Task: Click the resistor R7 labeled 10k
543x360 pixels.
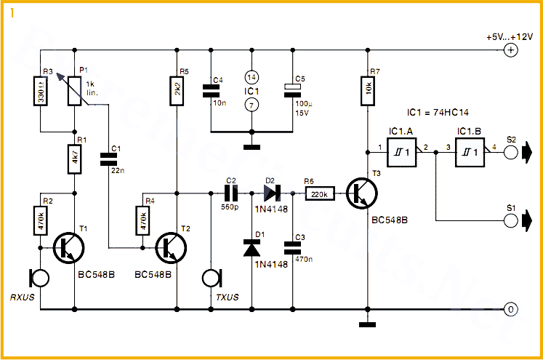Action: (369, 93)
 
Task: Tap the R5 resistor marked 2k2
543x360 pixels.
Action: (176, 93)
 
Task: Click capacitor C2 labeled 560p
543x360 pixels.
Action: (231, 194)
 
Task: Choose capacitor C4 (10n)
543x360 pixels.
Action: (210, 92)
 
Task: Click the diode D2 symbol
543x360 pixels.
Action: (270, 194)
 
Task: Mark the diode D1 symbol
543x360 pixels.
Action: (251, 249)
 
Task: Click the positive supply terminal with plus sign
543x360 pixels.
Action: (511, 49)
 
